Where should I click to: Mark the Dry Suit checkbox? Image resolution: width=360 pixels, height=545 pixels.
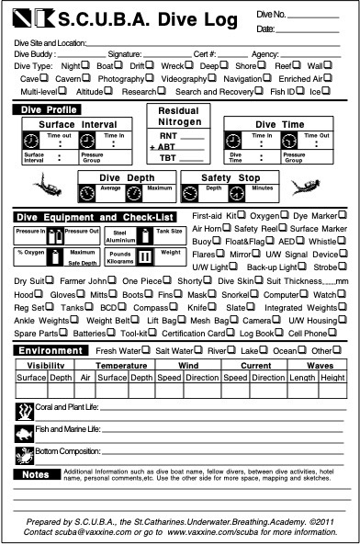pos(55,280)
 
